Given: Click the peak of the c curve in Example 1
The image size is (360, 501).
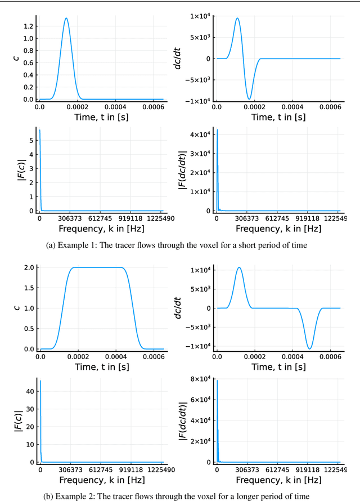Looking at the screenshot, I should tap(66, 19).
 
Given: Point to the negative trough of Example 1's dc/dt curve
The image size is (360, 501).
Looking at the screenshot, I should tap(249, 99).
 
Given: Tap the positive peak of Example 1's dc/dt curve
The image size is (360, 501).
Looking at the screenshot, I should tap(237, 18).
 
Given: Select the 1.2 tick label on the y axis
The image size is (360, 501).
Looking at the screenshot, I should tap(28, 26).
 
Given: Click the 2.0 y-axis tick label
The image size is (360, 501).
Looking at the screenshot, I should tap(28, 267).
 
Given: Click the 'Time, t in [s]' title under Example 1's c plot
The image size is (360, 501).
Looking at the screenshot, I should tap(100, 117).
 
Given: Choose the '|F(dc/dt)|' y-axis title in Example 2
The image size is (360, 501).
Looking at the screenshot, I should tap(183, 419).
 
